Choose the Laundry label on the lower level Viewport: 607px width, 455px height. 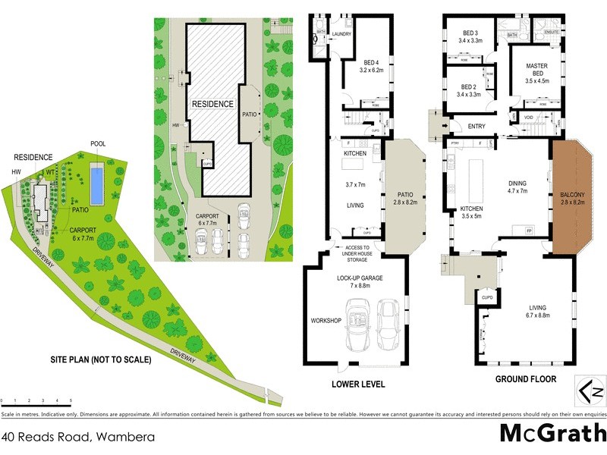pyautogui.click(x=340, y=34)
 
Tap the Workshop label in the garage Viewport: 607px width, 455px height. pyautogui.click(x=326, y=322)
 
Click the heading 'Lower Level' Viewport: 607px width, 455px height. pyautogui.click(x=358, y=384)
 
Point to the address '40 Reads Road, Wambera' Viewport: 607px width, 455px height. pyautogui.click(x=78, y=437)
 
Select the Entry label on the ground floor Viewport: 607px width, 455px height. pyautogui.click(x=477, y=127)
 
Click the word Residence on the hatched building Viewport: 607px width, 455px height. pyautogui.click(x=212, y=105)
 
